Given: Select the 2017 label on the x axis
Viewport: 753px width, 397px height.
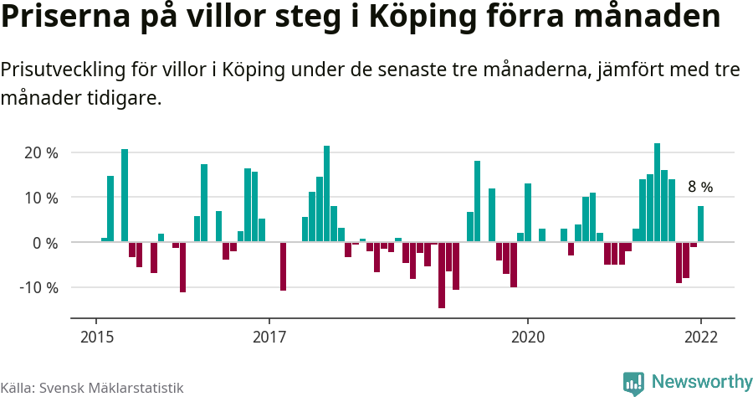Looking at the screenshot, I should coord(269,337).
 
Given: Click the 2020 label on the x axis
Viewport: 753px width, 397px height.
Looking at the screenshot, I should coord(528,337).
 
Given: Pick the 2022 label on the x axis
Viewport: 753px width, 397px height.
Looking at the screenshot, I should coord(700,337).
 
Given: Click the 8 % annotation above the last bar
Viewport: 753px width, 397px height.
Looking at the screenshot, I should coord(700,187).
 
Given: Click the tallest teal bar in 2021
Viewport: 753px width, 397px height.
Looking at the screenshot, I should coord(657,193).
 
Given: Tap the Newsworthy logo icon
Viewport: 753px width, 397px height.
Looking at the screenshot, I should coord(633,383).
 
